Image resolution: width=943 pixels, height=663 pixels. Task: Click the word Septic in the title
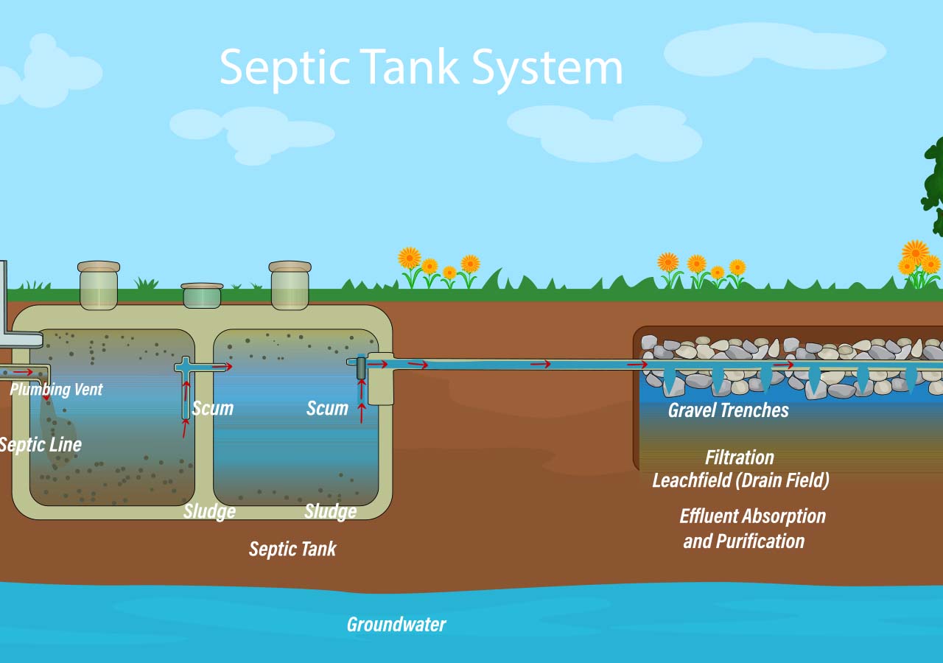[284, 69]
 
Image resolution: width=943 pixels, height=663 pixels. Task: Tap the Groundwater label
[396, 625]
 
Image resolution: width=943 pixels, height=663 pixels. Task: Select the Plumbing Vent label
[57, 389]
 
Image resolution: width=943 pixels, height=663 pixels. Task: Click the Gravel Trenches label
[728, 410]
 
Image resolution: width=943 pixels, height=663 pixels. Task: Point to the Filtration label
[740, 457]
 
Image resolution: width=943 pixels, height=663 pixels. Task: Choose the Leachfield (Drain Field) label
[740, 480]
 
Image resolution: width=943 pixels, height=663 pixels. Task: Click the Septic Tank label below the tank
[292, 549]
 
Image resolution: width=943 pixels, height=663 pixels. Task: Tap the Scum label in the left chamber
[213, 408]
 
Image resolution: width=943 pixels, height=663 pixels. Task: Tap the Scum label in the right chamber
[327, 408]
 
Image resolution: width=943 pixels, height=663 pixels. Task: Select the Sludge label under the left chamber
[209, 511]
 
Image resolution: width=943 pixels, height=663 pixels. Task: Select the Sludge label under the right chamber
[330, 511]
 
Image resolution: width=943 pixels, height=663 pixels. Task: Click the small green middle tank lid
[202, 295]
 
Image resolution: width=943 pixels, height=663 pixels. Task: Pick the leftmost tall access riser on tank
[99, 285]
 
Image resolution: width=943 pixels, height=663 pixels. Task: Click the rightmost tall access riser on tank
[290, 285]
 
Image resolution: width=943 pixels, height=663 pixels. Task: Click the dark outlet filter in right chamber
[361, 368]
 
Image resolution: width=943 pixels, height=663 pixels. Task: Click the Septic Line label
[41, 445]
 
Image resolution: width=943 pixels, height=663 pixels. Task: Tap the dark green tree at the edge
[933, 184]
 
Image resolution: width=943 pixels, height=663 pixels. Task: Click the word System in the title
[547, 69]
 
